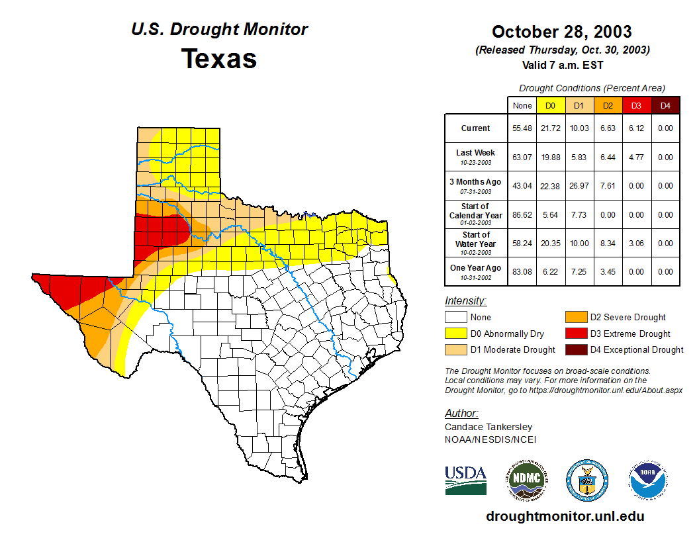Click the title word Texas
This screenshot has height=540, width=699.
pyautogui.click(x=219, y=59)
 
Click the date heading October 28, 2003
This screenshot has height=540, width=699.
pyautogui.click(x=561, y=32)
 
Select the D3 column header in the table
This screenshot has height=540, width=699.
pyautogui.click(x=636, y=105)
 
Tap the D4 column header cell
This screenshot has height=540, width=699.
pyautogui.click(x=665, y=105)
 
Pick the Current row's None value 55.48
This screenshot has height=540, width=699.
pyautogui.click(x=522, y=128)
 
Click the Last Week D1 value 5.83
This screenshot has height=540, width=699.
pyautogui.click(x=579, y=157)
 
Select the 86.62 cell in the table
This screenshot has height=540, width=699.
pyautogui.click(x=522, y=215)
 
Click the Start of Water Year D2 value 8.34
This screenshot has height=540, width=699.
pyautogui.click(x=608, y=244)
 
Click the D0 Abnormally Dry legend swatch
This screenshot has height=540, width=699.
pyautogui.click(x=455, y=334)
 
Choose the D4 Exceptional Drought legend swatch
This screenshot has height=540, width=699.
pyautogui.click(x=576, y=349)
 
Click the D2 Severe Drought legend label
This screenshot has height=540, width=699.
pyautogui.click(x=628, y=318)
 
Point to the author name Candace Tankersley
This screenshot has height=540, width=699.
pyautogui.click(x=489, y=427)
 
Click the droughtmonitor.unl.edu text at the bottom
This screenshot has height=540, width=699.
pyautogui.click(x=565, y=516)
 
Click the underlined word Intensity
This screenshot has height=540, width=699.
pyautogui.click(x=465, y=301)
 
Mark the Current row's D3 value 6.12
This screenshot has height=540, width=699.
pyautogui.click(x=636, y=128)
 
